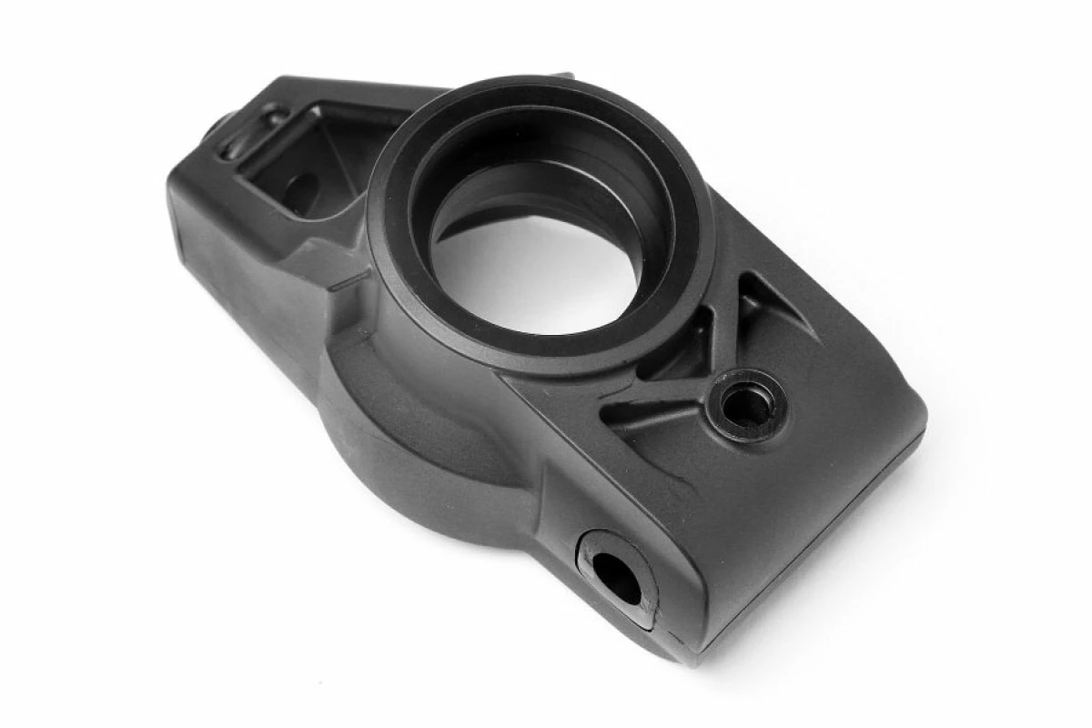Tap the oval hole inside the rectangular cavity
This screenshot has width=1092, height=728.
[300, 191]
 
